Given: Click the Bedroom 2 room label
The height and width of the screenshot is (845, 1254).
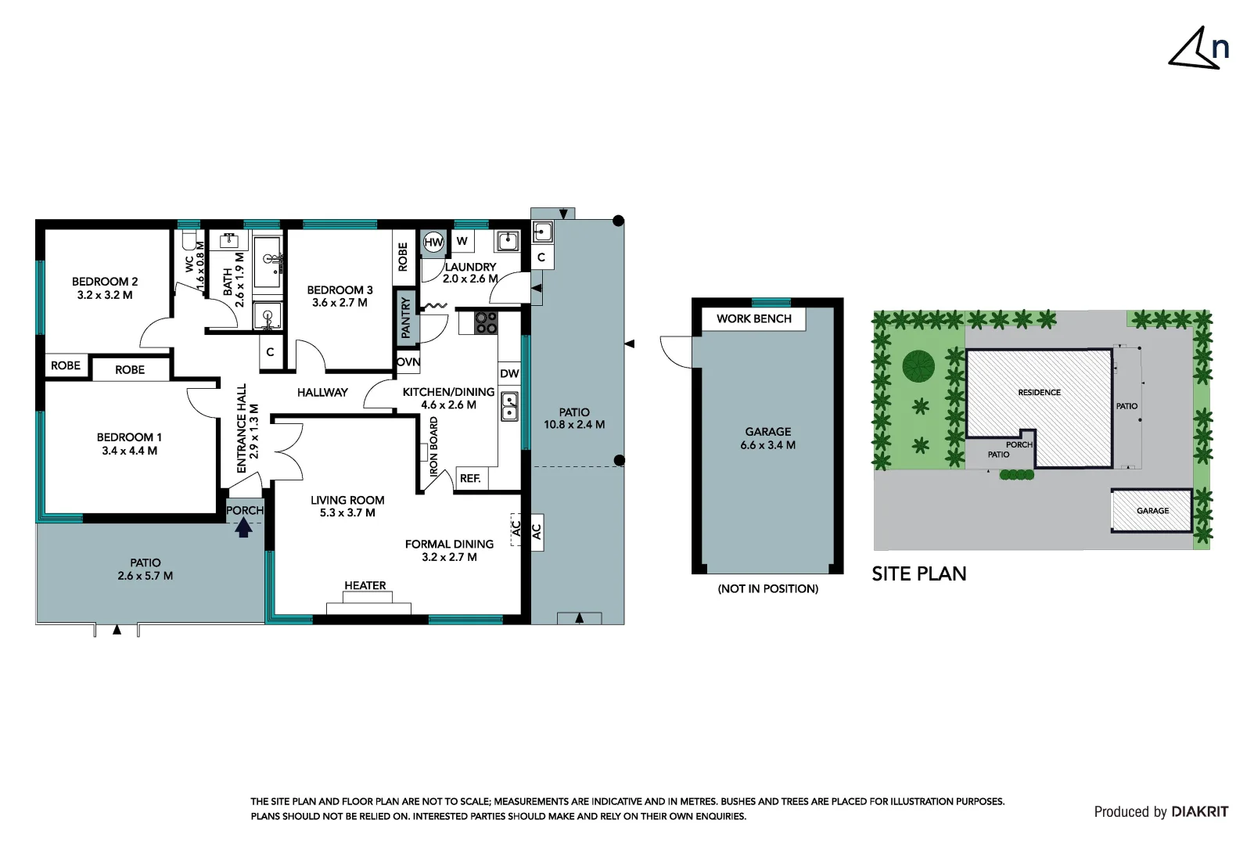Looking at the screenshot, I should point(105,288).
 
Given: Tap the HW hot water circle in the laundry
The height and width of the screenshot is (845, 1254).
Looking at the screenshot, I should point(433,243).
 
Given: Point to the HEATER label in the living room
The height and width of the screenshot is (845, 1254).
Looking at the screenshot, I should point(365,585).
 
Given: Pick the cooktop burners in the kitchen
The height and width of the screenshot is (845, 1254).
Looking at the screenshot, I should point(485,322).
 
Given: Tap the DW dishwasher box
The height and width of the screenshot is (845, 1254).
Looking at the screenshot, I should point(509,373).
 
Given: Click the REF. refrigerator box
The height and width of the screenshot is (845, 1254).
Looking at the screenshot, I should point(470,478).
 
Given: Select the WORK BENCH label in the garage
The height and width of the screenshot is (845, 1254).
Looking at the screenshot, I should point(753,318).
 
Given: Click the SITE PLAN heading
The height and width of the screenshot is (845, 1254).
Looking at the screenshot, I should point(919,574).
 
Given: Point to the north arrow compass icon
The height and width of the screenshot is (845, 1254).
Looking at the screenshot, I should point(1198,49).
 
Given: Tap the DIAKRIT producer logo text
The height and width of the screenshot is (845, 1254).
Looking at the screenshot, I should point(1199,811).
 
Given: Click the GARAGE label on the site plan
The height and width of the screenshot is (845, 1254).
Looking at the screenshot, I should point(1152,511).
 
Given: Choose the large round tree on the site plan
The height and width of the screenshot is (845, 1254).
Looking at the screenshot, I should point(918,366).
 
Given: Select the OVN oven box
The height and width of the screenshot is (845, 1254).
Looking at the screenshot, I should point(408,362).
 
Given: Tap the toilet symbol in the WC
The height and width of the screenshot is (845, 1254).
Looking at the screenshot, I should point(189,239).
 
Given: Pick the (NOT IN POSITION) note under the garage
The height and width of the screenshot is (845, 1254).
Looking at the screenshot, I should point(767,588).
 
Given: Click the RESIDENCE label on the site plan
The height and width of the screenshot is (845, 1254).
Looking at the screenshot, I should point(1039,393).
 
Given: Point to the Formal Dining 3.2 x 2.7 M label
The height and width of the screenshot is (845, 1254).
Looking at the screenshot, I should point(449,550).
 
